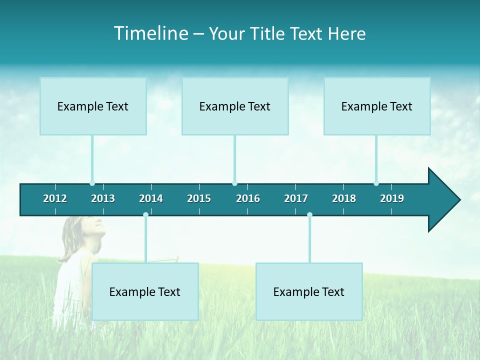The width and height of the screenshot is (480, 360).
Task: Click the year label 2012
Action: click(55, 198)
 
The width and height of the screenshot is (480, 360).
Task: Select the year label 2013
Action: click(103, 198)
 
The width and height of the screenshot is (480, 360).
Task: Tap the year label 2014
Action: click(151, 198)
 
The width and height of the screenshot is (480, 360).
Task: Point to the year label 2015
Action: click(199, 198)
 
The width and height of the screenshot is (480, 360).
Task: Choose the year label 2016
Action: click(248, 198)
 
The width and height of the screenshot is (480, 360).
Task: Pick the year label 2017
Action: click(296, 198)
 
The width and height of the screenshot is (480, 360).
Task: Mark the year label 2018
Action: click(344, 198)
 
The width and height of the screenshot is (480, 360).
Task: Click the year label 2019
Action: click(392, 198)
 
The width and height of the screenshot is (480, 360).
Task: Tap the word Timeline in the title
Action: click(150, 33)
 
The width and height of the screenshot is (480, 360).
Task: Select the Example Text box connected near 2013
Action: click(93, 106)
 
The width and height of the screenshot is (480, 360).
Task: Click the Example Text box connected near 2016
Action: click(235, 106)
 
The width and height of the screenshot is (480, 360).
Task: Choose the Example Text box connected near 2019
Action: click(377, 106)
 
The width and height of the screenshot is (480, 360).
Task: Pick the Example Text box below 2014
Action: click(145, 291)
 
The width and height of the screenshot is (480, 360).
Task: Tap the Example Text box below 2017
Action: click(309, 291)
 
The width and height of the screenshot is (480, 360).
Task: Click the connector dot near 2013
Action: click(92, 183)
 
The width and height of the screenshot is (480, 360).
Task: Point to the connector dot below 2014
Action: click(145, 215)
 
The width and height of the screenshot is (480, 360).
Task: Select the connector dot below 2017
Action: click(309, 215)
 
